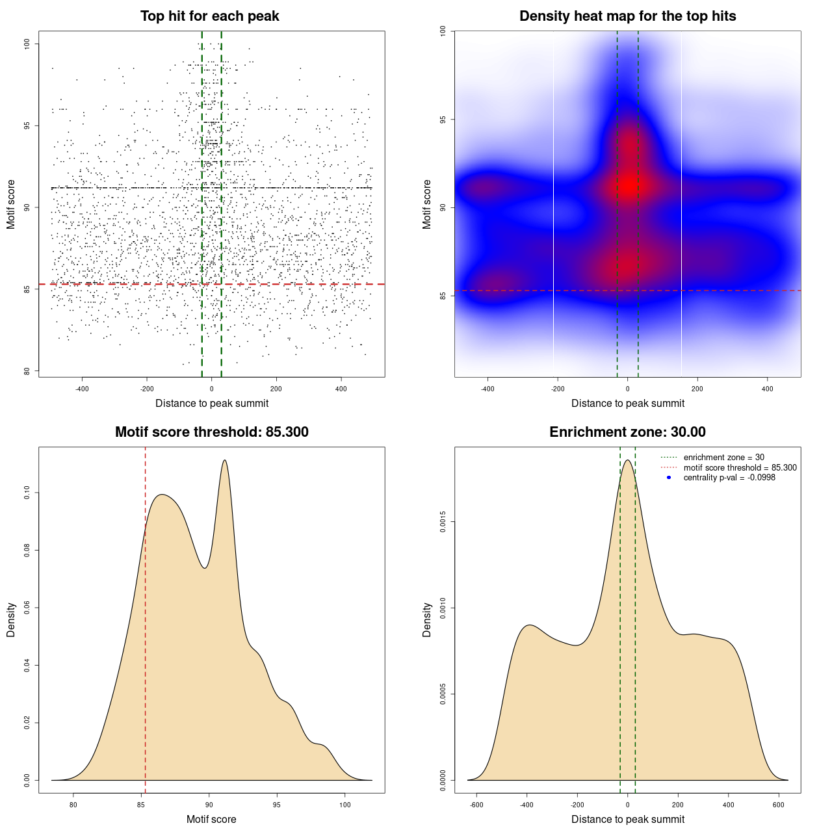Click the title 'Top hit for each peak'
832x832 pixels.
click(209, 16)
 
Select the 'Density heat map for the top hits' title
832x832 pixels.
click(627, 16)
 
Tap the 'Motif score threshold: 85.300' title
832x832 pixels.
click(211, 432)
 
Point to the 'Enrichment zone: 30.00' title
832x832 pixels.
click(627, 432)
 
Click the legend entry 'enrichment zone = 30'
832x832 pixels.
click(723, 458)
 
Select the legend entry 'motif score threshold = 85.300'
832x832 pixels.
click(740, 467)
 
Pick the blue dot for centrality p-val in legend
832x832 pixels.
click(669, 478)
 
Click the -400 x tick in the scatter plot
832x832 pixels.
click(82, 389)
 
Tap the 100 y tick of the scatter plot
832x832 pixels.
click(27, 44)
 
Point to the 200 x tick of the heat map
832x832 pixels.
click(697, 389)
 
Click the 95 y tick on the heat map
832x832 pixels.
click(443, 120)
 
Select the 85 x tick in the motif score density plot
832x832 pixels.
click(141, 805)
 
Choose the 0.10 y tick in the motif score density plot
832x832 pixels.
click(27, 493)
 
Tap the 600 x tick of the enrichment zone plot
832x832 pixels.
click(779, 805)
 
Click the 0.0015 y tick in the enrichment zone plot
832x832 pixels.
click(443, 522)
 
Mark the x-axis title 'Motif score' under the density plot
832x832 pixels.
click(211, 819)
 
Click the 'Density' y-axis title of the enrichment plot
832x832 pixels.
click(427, 619)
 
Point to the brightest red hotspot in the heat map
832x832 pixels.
click(627, 186)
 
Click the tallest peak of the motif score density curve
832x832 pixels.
click(225, 460)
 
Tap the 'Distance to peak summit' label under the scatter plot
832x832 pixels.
click(212, 403)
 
